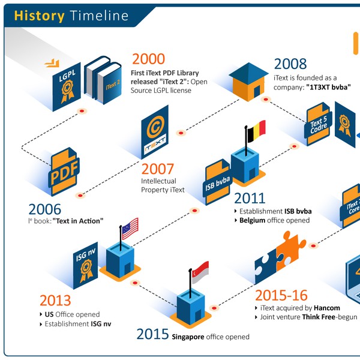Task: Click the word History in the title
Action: point(39,16)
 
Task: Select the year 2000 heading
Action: point(148,59)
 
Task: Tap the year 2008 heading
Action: point(290,64)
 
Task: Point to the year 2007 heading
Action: point(158,169)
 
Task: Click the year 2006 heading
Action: point(45,209)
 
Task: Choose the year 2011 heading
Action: point(250,199)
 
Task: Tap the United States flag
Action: point(130,228)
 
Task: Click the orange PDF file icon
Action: point(64,175)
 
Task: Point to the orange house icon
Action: point(248,80)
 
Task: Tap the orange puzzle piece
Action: point(294,253)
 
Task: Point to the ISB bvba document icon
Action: point(218,181)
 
